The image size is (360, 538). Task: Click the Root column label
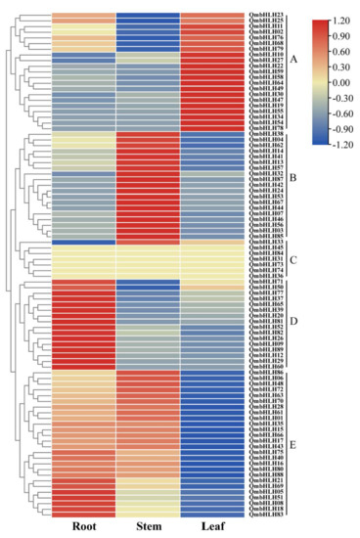click(x=82, y=528)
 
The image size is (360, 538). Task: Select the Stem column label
click(x=148, y=528)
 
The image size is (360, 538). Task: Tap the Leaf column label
click(x=212, y=528)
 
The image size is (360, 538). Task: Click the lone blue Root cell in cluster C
click(x=82, y=242)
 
